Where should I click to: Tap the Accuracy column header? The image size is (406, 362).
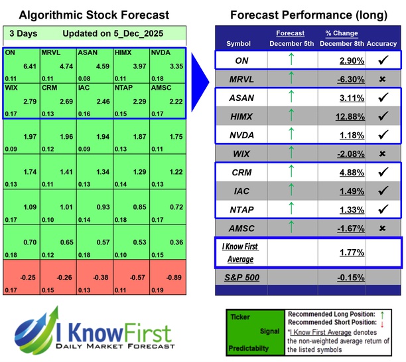click(x=383, y=43)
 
